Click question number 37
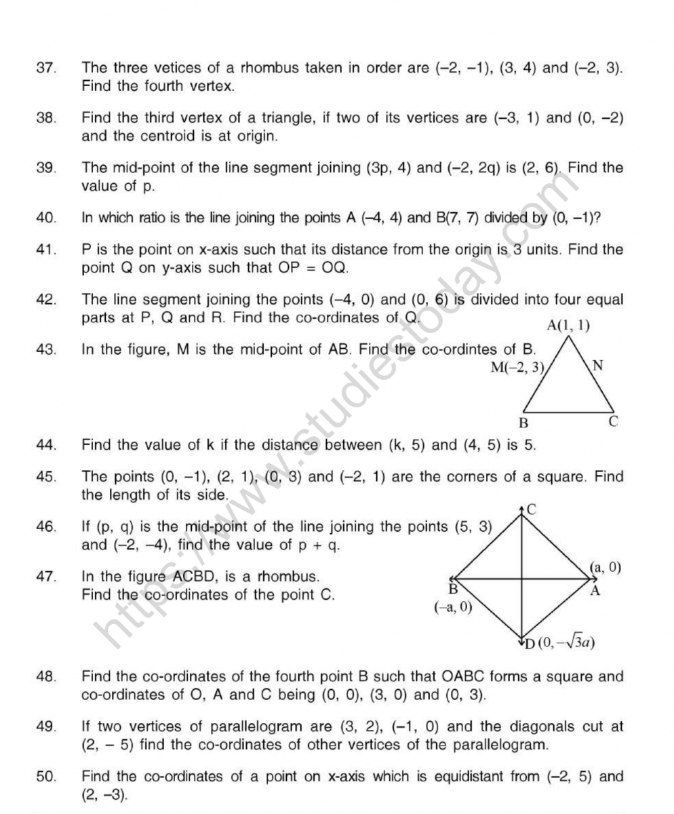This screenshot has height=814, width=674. [45, 69]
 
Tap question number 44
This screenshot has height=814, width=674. [45, 445]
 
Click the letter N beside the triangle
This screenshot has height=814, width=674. [597, 366]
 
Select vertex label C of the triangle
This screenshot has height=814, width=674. [612, 422]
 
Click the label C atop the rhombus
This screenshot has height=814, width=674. [532, 510]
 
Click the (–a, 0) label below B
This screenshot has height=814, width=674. [453, 607]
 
